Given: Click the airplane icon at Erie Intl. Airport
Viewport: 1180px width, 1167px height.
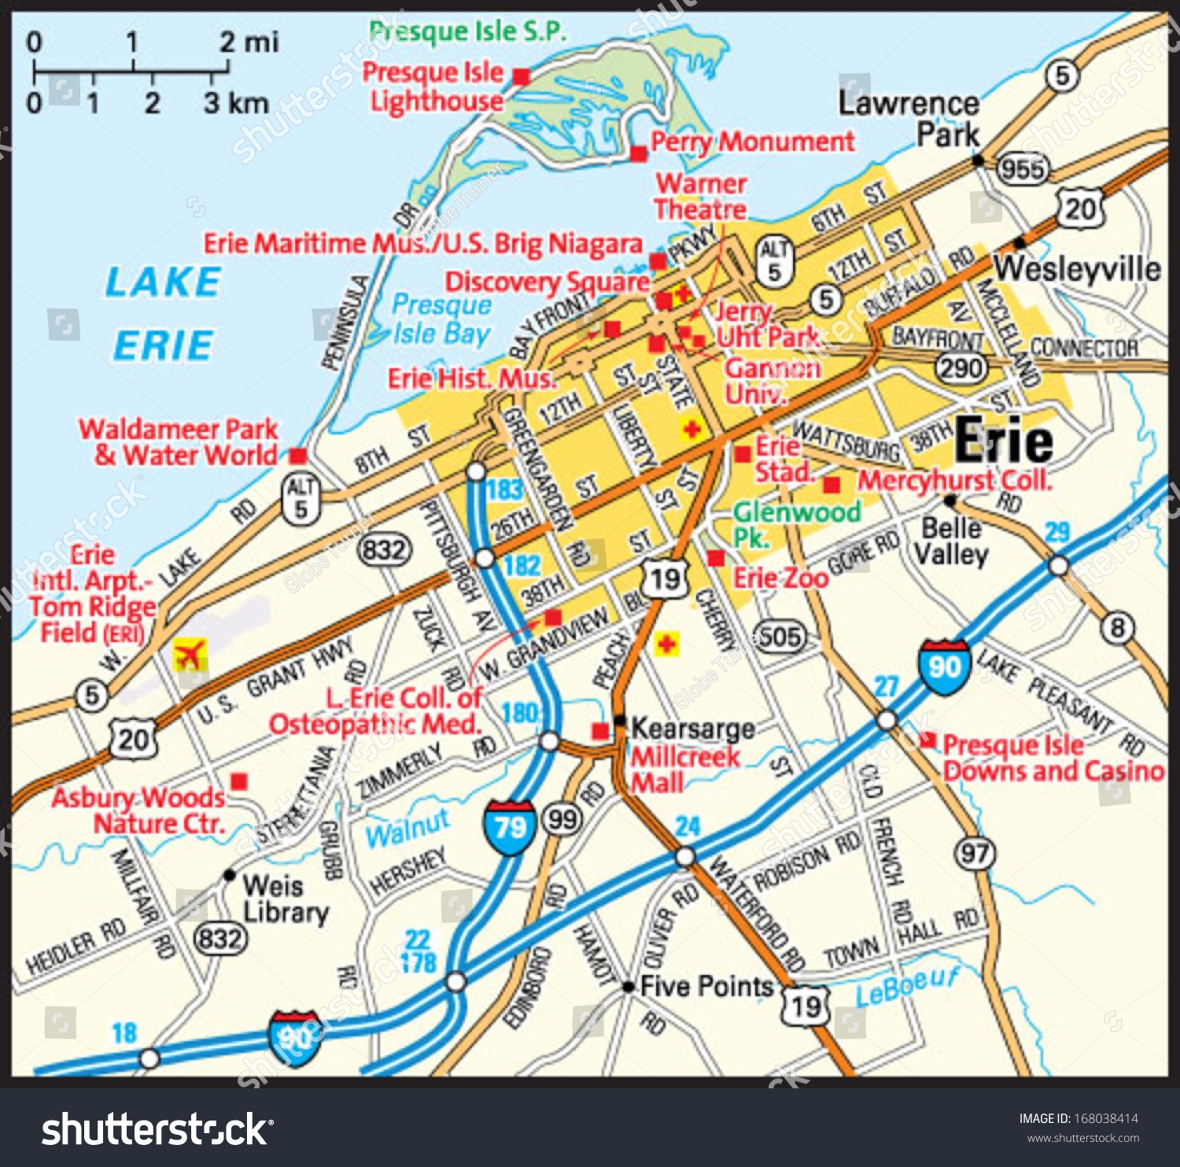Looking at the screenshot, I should (190, 654).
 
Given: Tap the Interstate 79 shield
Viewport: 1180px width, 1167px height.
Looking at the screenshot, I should (510, 827).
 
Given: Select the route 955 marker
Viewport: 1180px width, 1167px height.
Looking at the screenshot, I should (1023, 168).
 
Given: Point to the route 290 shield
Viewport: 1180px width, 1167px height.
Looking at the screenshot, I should (961, 367).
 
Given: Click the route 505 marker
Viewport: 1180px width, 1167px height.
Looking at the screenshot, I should (780, 637).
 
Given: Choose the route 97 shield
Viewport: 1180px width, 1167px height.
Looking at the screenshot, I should (975, 854).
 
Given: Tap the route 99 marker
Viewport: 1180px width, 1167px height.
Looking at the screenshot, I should (562, 820).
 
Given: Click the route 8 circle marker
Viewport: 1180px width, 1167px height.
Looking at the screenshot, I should (1117, 627).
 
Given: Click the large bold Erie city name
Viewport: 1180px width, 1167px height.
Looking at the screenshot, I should (1004, 441).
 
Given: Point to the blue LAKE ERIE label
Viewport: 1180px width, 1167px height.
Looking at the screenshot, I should (163, 313).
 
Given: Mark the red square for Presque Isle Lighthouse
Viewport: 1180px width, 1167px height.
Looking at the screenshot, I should (521, 76).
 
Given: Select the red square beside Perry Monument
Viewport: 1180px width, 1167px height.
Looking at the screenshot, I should (638, 153).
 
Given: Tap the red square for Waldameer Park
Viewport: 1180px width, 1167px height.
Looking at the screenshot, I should (297, 456).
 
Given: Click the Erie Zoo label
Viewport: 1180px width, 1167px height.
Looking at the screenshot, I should (780, 578).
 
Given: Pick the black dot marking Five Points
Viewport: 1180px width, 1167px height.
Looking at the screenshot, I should (628, 986).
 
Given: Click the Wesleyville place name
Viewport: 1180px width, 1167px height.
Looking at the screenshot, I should (1077, 269).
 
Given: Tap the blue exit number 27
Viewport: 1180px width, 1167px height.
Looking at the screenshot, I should (886, 687).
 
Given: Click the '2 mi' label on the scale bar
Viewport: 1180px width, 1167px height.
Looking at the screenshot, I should (248, 42).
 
